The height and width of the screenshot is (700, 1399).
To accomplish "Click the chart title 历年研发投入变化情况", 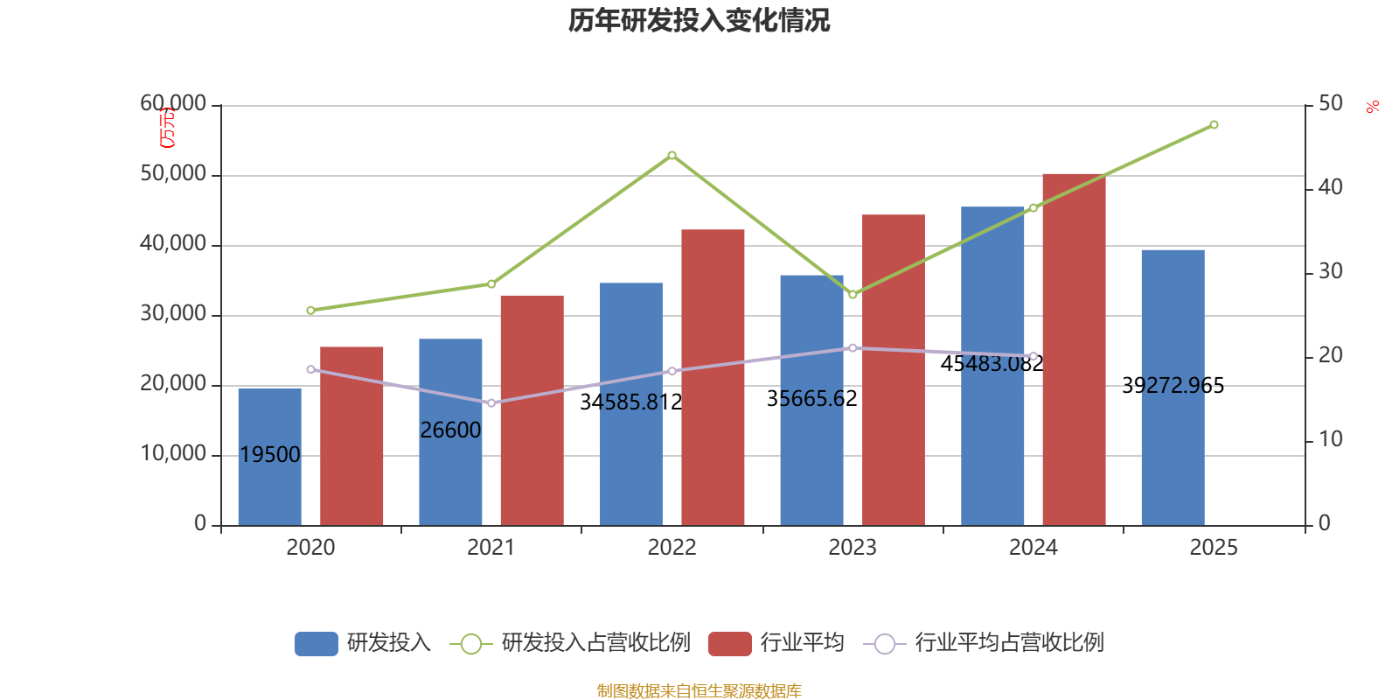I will click(x=699, y=20).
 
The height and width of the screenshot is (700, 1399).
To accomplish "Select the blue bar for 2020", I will click(x=269, y=490).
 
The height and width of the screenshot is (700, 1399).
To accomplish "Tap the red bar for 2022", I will click(x=713, y=376).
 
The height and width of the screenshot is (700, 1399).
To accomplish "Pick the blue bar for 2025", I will click(x=1173, y=455).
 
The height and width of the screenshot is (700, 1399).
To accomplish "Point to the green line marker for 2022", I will click(x=672, y=155).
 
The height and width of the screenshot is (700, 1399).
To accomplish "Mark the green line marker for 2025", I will click(x=1214, y=125).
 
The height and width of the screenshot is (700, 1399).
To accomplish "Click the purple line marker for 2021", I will click(x=491, y=403).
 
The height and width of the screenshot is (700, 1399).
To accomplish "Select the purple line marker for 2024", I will click(x=1033, y=356).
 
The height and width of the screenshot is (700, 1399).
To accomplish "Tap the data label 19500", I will click(x=269, y=455).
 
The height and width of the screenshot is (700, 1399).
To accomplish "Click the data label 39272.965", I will click(x=1173, y=386).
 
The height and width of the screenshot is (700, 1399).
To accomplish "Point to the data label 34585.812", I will click(x=630, y=402).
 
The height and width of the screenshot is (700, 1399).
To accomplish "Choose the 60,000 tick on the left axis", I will click(x=173, y=104).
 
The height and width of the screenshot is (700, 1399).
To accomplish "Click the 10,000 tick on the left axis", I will click(x=173, y=454).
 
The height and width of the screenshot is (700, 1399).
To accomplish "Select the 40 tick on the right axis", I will click(x=1330, y=187).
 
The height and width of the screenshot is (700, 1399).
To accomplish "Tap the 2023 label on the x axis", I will click(x=852, y=548).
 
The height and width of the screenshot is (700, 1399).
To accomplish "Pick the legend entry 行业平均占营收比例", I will click(x=984, y=643).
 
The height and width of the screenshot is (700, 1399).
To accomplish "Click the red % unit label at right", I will click(x=1373, y=108).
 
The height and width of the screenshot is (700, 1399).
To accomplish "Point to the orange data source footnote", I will click(x=699, y=691).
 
